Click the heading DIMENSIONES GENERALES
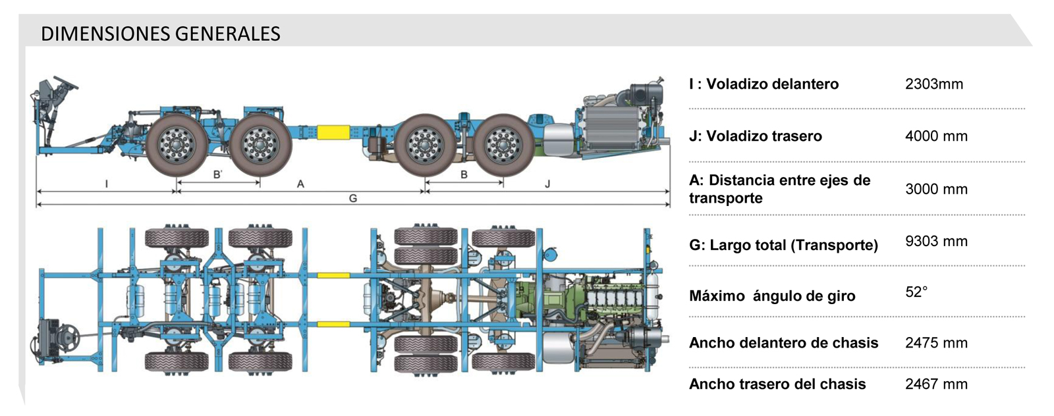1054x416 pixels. click(160, 34)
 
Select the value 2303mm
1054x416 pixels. click(933, 84)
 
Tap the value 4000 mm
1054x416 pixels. click(936, 136)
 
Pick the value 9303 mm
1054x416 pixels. click(936, 241)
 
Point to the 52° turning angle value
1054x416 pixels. click(916, 292)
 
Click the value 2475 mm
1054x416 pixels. click(936, 342)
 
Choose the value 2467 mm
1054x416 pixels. click(936, 384)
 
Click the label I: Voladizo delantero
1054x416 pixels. click(763, 84)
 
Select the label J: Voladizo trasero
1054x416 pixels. click(755, 136)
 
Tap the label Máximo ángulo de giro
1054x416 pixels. click(771, 296)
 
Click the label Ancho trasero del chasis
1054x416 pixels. click(777, 384)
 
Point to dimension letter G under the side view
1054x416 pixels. click(353, 198)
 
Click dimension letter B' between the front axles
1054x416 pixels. click(217, 174)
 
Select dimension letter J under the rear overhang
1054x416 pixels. click(547, 184)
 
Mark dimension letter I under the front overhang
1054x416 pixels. click(107, 184)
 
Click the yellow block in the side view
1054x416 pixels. click(333, 132)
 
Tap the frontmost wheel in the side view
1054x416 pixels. click(176, 144)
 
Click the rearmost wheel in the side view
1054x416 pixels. click(503, 144)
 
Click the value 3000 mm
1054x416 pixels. click(936, 189)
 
